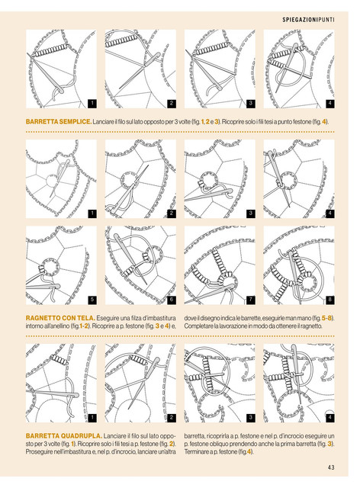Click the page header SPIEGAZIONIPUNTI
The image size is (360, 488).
point(308,20)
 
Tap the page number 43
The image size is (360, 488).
point(331,467)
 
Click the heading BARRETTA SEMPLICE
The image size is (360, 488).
point(59,121)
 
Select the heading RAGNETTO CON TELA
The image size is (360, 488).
point(60,318)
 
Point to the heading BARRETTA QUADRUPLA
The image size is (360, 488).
point(64,435)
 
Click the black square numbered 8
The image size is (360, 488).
point(329,300)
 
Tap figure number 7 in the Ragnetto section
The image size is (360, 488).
point(251,300)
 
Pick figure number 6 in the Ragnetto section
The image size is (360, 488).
point(172,300)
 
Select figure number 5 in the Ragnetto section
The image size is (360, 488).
point(92,300)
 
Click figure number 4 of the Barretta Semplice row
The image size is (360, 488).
point(329,104)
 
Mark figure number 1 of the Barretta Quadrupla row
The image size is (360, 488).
point(92,418)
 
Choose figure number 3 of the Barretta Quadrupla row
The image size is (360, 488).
point(251,418)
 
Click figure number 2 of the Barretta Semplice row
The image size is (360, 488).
point(172,104)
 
